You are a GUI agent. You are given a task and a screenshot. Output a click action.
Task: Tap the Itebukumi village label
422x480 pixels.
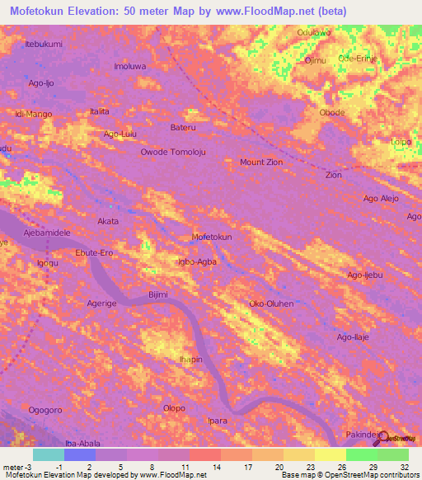tap(44, 44)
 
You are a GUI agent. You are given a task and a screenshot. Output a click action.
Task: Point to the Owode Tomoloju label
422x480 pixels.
tap(172, 153)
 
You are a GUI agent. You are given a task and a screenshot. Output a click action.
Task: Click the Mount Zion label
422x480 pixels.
tap(261, 162)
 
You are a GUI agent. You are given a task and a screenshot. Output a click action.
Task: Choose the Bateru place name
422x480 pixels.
tap(184, 128)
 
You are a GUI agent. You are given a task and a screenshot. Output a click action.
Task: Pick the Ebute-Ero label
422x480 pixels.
tap(93, 253)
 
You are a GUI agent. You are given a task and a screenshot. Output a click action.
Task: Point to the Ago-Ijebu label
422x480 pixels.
tap(365, 275)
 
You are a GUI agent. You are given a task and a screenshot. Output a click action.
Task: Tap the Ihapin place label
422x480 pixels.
tap(191, 360)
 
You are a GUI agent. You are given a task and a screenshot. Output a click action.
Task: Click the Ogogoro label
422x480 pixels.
tap(45, 409)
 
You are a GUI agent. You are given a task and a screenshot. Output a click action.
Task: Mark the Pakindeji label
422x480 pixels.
tap(363, 433)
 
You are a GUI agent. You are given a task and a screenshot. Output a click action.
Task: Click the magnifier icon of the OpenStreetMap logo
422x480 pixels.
tap(382, 437)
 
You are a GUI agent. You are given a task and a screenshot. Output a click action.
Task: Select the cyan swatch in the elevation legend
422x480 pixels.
tap(49, 454)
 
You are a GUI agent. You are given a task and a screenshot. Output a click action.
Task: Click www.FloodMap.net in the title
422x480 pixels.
tap(258, 12)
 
